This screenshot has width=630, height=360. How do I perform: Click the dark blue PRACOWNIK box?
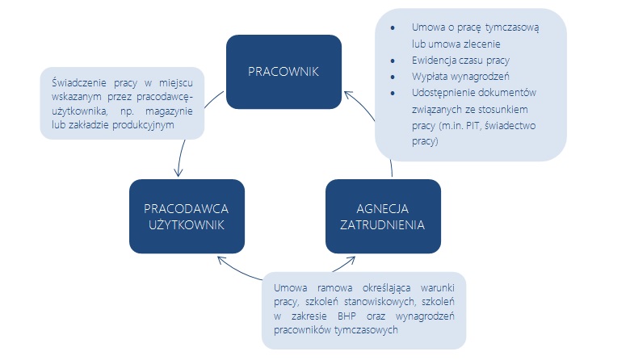(x=283, y=72)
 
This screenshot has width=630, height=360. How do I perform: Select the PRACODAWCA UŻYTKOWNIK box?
(x=187, y=216)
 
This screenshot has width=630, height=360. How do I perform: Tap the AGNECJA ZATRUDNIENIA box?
(x=383, y=216)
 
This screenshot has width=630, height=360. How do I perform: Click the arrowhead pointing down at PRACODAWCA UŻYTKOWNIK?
(x=178, y=173)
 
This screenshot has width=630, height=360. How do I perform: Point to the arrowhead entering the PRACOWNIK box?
(x=348, y=95)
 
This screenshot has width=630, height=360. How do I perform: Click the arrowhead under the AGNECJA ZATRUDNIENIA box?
(x=350, y=260)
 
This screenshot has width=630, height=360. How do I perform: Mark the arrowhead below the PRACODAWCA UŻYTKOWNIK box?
(x=222, y=260)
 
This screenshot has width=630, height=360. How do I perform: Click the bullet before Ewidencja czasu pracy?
(x=393, y=61)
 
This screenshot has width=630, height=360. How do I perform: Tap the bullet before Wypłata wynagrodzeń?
(x=393, y=77)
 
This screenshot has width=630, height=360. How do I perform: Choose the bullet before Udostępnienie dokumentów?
(x=393, y=93)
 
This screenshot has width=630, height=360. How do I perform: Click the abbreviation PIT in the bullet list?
(x=472, y=126)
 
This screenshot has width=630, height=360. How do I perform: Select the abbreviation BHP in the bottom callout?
(x=346, y=316)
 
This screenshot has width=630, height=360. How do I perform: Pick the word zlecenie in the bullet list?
(x=481, y=44)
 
